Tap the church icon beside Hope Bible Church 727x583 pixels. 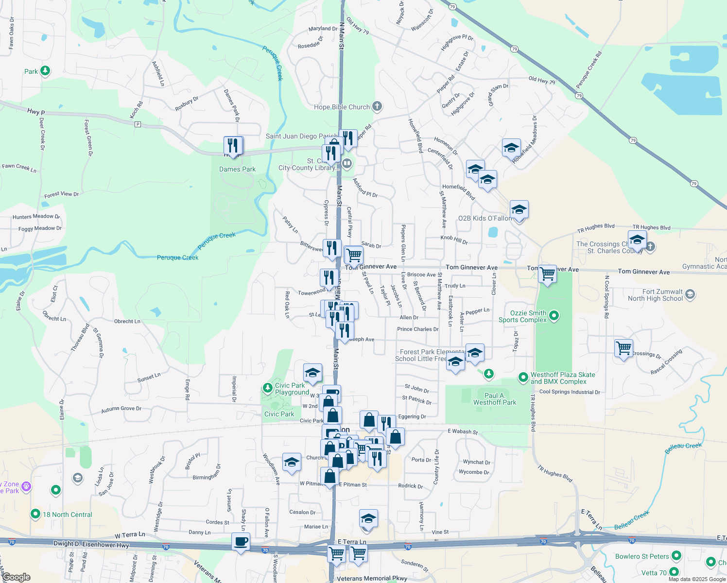377,106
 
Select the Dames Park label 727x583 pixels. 237,169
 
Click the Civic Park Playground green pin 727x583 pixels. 267,388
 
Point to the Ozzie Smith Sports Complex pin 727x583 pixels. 554,316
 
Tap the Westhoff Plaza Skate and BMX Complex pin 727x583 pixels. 523,377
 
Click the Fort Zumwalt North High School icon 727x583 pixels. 690,294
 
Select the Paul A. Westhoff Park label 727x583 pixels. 495,399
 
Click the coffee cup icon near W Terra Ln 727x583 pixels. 241,541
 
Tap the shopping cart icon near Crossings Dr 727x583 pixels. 623,348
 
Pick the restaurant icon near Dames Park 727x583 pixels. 233,145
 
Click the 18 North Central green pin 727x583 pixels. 35,514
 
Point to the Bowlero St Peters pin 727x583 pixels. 676,556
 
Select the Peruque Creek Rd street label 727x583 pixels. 589,70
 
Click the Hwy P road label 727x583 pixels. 36,112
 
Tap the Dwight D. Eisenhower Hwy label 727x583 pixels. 91,544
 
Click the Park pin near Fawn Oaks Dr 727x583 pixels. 45,71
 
